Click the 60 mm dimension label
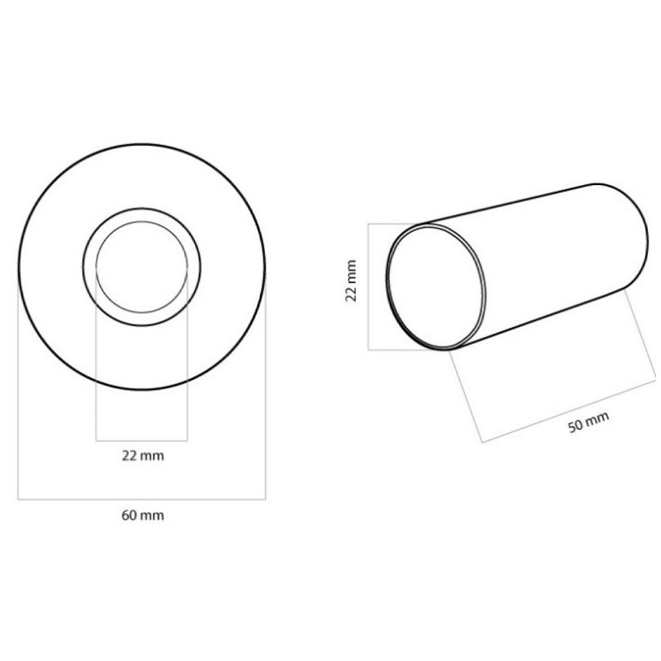click(x=142, y=516)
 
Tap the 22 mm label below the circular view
click(x=142, y=455)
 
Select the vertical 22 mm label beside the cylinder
click(x=351, y=280)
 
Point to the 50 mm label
click(x=588, y=422)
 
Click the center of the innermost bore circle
click(x=141, y=267)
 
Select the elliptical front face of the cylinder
click(x=436, y=287)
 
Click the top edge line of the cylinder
click(x=516, y=204)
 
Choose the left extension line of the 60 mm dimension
click(x=18, y=397)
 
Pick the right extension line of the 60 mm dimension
click(x=265, y=397)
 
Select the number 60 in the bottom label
click(x=129, y=516)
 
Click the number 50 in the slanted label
click(x=576, y=426)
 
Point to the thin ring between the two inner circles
click(x=141, y=215)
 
